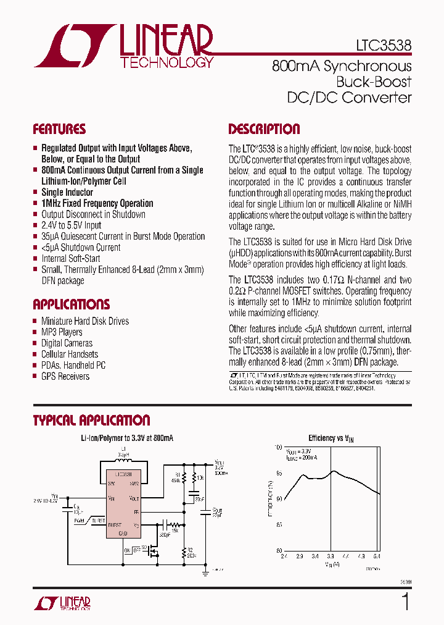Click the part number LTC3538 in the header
pyautogui.click(x=384, y=46)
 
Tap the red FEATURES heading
pyautogui.click(x=59, y=130)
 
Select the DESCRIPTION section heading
pyautogui.click(x=264, y=130)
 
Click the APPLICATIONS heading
pyautogui.click(x=71, y=304)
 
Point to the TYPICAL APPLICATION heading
pyautogui.click(x=91, y=421)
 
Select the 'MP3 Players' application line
pyautogui.click(x=62, y=332)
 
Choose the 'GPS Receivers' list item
pyautogui.click(x=65, y=376)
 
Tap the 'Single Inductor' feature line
pyautogui.click(x=67, y=192)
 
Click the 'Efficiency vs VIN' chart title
pyautogui.click(x=331, y=438)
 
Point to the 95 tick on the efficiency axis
pyautogui.click(x=279, y=473)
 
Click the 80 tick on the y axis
pyautogui.click(x=279, y=551)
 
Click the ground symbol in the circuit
pyautogui.click(x=205, y=573)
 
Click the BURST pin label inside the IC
pyautogui.click(x=115, y=525)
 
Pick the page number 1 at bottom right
pyautogui.click(x=405, y=602)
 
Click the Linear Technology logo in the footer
pyautogui.click(x=62, y=603)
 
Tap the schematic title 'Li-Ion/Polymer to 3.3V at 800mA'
pyautogui.click(x=127, y=438)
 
